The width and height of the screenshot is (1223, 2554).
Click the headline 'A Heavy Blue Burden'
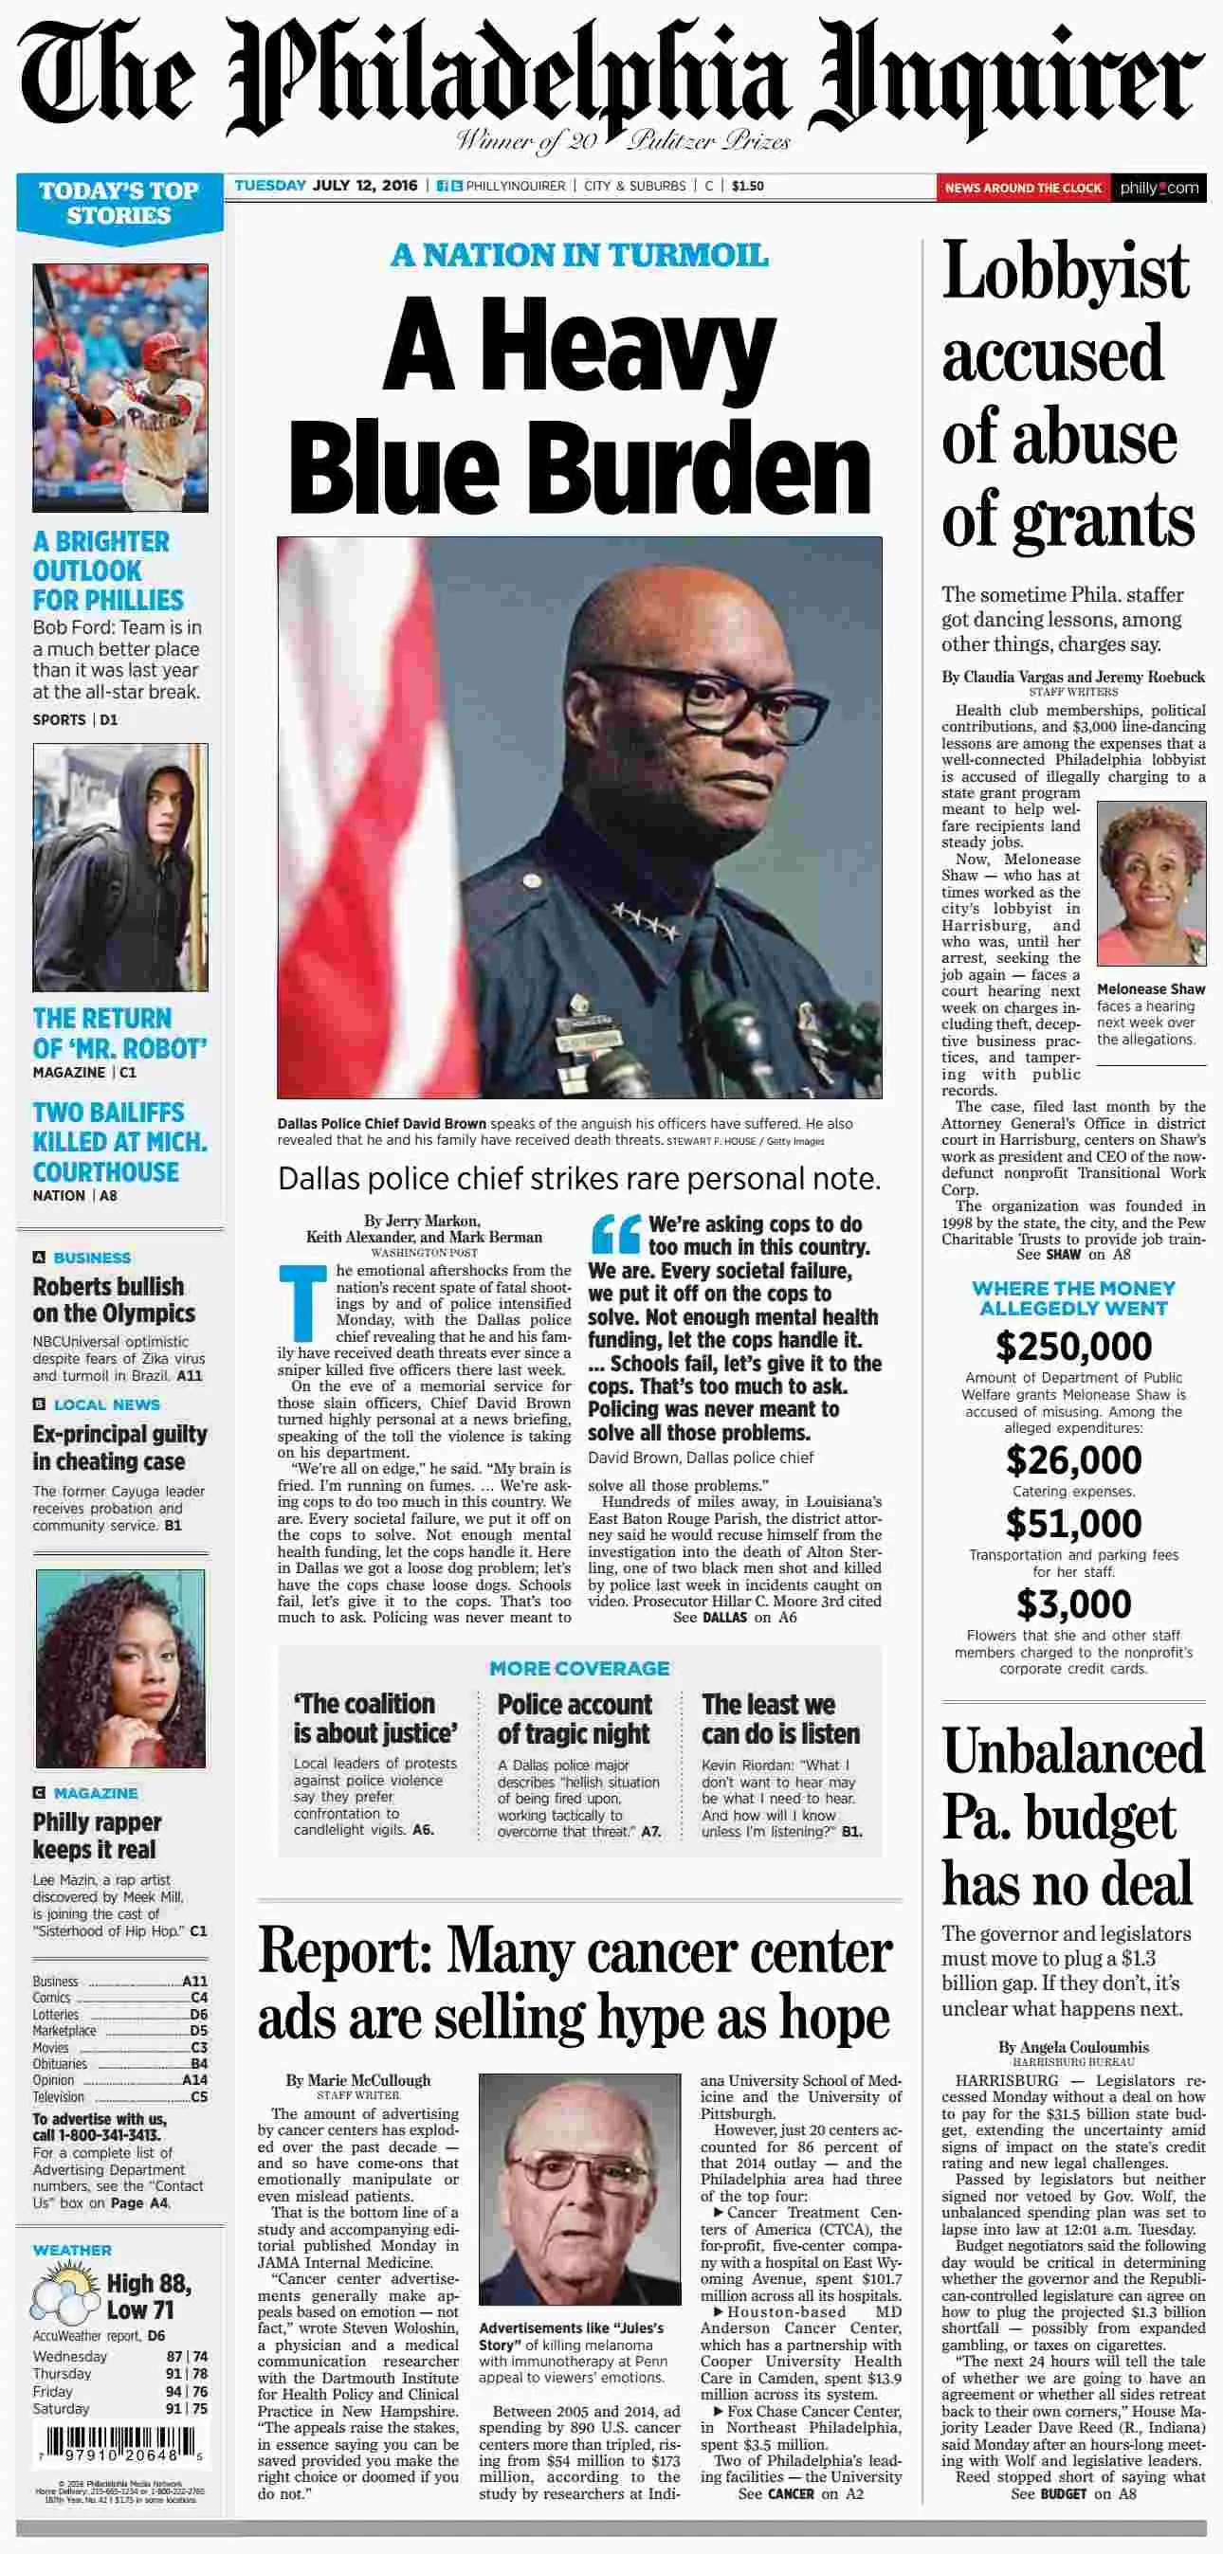(x=579, y=405)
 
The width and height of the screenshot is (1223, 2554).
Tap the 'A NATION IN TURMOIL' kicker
(x=579, y=255)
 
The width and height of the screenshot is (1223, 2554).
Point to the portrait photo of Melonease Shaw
(x=1151, y=883)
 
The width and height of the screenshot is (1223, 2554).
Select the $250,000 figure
(x=1073, y=1347)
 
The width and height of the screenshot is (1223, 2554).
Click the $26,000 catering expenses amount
(x=1073, y=1460)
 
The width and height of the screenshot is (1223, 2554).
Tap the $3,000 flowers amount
(x=1073, y=1604)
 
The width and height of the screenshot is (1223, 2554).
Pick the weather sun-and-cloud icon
(x=64, y=2298)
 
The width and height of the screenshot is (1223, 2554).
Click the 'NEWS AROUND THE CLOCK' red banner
(x=1022, y=188)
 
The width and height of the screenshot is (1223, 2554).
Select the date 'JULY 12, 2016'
(x=365, y=186)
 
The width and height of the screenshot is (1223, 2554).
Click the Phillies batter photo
(x=120, y=388)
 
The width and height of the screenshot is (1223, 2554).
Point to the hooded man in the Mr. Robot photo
(x=120, y=866)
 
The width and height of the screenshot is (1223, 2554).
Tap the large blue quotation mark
(x=615, y=1235)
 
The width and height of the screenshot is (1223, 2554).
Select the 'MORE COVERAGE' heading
(x=579, y=1669)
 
